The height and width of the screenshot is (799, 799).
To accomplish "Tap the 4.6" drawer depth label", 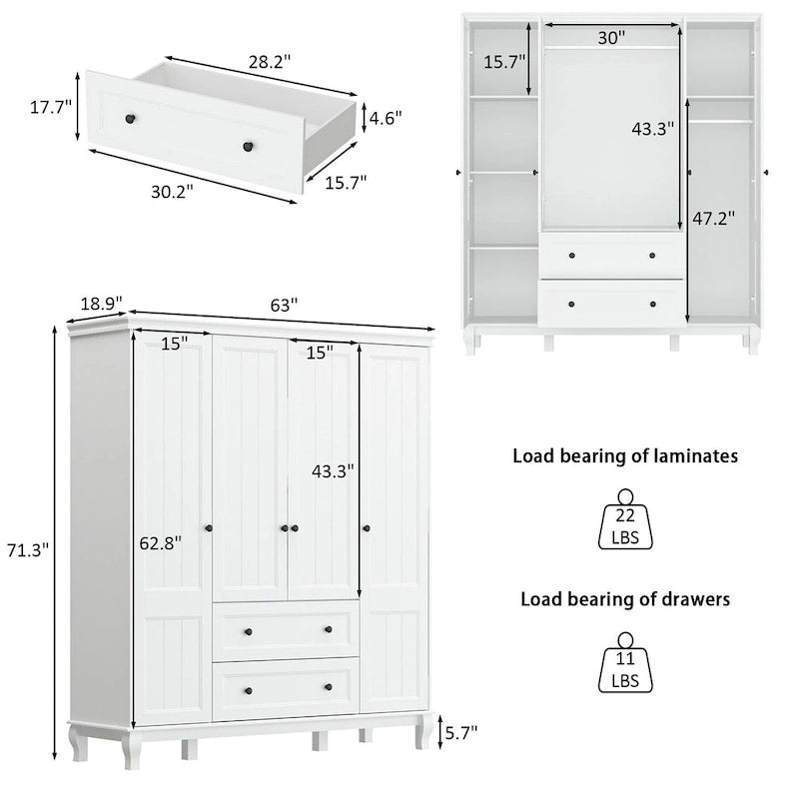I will click(x=385, y=117).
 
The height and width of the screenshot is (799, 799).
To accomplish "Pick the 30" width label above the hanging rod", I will click(x=611, y=38).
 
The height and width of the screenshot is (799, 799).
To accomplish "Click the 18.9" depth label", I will click(x=100, y=302).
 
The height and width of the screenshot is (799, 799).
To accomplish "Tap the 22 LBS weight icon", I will click(x=626, y=521).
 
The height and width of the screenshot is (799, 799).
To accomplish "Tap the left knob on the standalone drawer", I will click(x=129, y=120).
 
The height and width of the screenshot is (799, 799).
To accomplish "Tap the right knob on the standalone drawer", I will click(x=245, y=147).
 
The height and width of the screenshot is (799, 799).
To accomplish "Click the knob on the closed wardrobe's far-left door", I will click(x=208, y=527).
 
